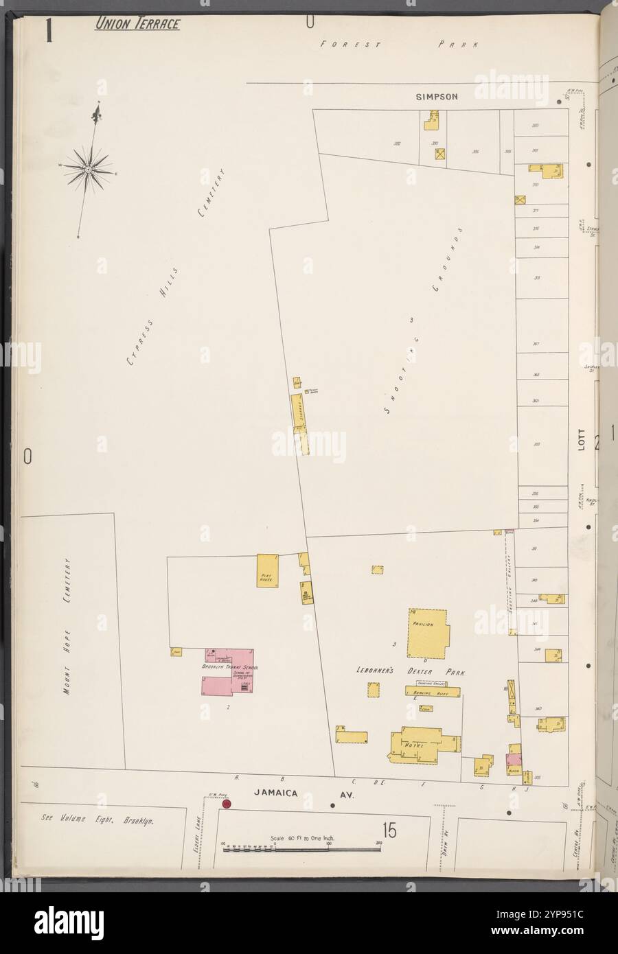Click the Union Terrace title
click(x=137, y=25)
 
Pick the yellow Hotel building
click(x=419, y=745)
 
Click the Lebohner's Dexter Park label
click(x=411, y=673)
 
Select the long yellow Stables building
click(x=299, y=410)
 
